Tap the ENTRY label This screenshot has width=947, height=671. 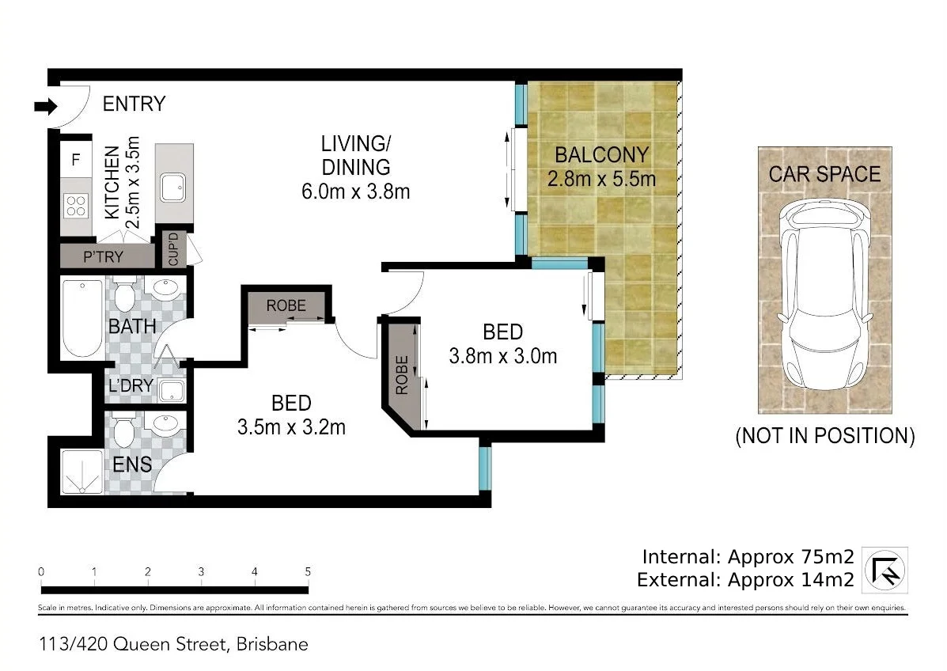pyautogui.click(x=134, y=104)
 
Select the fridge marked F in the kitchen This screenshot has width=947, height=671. pyautogui.click(x=76, y=160)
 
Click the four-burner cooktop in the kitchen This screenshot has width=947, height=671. pyautogui.click(x=76, y=206)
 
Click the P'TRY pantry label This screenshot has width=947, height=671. pyautogui.click(x=103, y=256)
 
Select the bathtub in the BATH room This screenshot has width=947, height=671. pyautogui.click(x=82, y=318)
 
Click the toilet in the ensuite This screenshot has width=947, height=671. pyautogui.click(x=124, y=430)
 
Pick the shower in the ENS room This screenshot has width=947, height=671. pyautogui.click(x=82, y=472)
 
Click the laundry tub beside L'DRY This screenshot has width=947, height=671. pyautogui.click(x=171, y=390)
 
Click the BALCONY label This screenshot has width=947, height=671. pyautogui.click(x=601, y=154)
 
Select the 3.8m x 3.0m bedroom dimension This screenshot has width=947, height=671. pyautogui.click(x=502, y=356)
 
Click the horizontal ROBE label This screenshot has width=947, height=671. pyautogui.click(x=286, y=305)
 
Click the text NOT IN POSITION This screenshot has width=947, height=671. pyautogui.click(x=824, y=435)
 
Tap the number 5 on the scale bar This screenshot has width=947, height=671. pyautogui.click(x=308, y=571)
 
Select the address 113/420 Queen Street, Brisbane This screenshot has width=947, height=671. pyautogui.click(x=173, y=644)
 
